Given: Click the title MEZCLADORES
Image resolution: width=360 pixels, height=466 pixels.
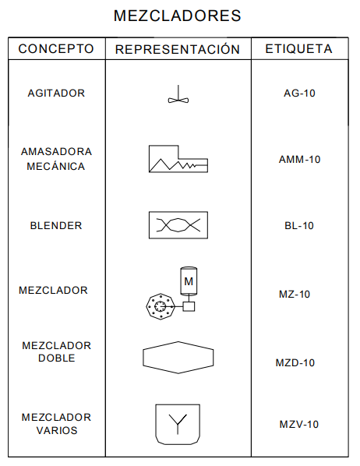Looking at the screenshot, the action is pyautogui.click(x=177, y=16).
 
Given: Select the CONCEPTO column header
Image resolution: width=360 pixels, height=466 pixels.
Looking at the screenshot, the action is pyautogui.click(x=56, y=49).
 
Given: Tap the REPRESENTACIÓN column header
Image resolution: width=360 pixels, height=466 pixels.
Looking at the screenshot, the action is pyautogui.click(x=178, y=49).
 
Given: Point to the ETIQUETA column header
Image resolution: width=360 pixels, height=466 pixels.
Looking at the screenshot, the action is pyautogui.click(x=298, y=49).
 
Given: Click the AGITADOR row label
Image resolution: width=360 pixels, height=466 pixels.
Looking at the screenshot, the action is pyautogui.click(x=56, y=94).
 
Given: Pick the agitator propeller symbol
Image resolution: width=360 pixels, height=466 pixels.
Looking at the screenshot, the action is pyautogui.click(x=178, y=94).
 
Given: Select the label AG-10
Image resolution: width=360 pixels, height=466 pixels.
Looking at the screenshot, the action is pyautogui.click(x=299, y=94).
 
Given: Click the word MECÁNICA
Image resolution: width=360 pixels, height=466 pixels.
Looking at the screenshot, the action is pyautogui.click(x=56, y=167).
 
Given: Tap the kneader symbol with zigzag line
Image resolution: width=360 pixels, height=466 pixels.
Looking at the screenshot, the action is pyautogui.click(x=178, y=159).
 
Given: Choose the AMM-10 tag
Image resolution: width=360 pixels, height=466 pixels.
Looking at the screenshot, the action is pyautogui.click(x=299, y=160).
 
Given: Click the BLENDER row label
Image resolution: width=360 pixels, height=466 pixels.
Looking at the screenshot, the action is pyautogui.click(x=56, y=225).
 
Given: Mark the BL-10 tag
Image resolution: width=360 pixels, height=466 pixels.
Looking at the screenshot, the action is pyautogui.click(x=299, y=225).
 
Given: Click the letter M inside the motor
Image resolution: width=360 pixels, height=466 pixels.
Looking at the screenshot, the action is pyautogui.click(x=189, y=281).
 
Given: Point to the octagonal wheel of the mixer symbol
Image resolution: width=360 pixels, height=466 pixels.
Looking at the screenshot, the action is pyautogui.click(x=161, y=306).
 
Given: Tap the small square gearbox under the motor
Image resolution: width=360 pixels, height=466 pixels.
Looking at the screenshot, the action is pyautogui.click(x=189, y=306).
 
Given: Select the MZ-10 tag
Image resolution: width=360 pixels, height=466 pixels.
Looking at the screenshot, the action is pyautogui.click(x=295, y=295).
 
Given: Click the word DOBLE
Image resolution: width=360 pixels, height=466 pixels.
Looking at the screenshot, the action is pyautogui.click(x=56, y=358).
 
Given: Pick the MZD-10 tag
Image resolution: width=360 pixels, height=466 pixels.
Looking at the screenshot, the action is pyautogui.click(x=295, y=363).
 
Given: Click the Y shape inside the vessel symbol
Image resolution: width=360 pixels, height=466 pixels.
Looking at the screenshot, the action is pyautogui.click(x=178, y=423).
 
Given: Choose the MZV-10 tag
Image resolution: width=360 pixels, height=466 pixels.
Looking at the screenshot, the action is pyautogui.click(x=298, y=425).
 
